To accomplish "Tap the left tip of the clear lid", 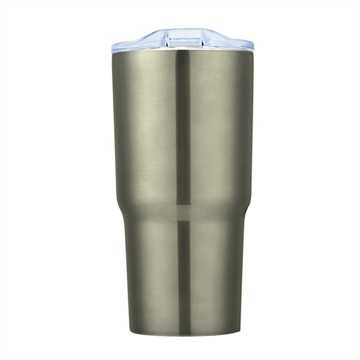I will (112, 46).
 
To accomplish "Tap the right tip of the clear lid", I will (253, 45).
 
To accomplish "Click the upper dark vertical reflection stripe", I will (183, 126).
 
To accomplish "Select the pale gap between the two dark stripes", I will (184, 212).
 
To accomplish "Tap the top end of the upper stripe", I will (183, 53).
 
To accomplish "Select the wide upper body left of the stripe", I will (147, 126).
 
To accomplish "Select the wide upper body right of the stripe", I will (219, 126).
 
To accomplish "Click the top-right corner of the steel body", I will (253, 52).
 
